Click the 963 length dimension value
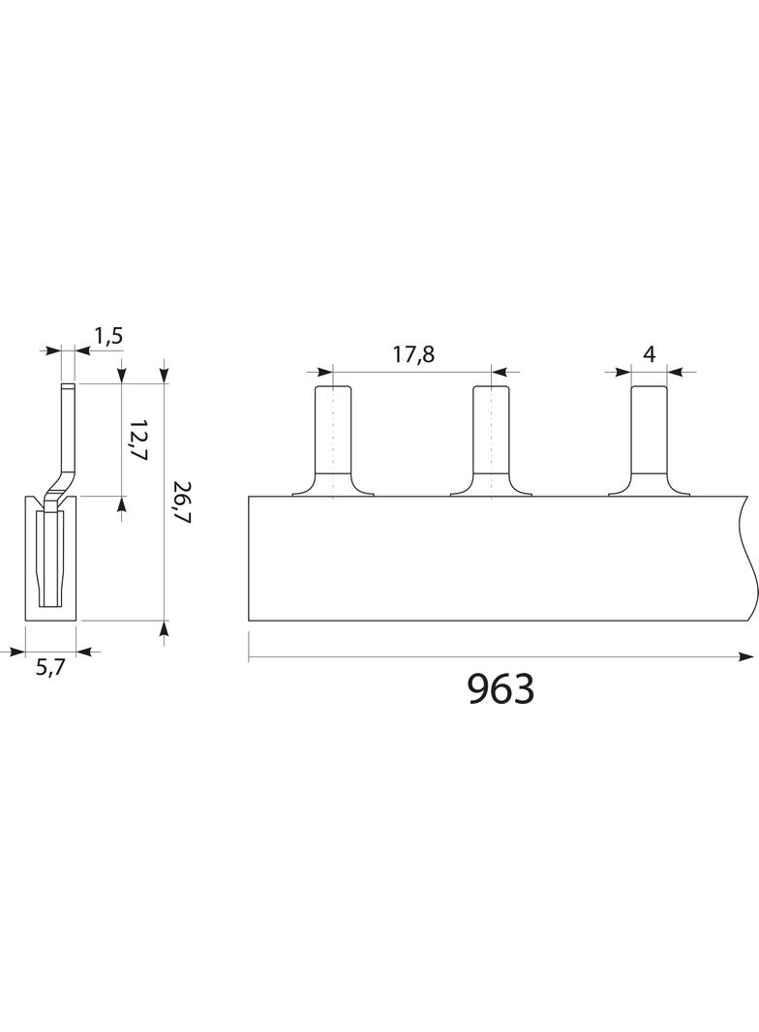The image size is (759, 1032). (501, 689)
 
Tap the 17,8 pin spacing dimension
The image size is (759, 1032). (414, 354)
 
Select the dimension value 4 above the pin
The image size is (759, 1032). (649, 354)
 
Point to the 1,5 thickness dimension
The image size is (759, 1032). (108, 336)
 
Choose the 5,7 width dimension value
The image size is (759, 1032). (50, 668)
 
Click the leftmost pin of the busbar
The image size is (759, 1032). (333, 440)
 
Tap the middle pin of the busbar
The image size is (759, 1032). (491, 440)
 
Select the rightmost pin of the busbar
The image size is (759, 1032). (649, 440)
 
